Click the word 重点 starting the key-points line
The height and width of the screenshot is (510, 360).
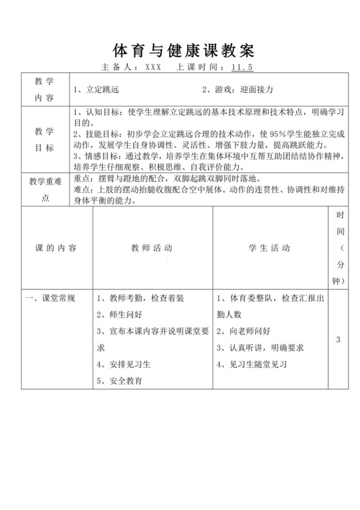coord(84,179)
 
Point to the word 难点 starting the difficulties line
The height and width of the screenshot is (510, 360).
coord(84,190)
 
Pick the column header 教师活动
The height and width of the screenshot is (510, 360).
coord(152,248)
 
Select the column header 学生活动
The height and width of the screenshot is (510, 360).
coord(269,248)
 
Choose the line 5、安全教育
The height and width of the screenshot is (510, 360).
coord(120,380)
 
